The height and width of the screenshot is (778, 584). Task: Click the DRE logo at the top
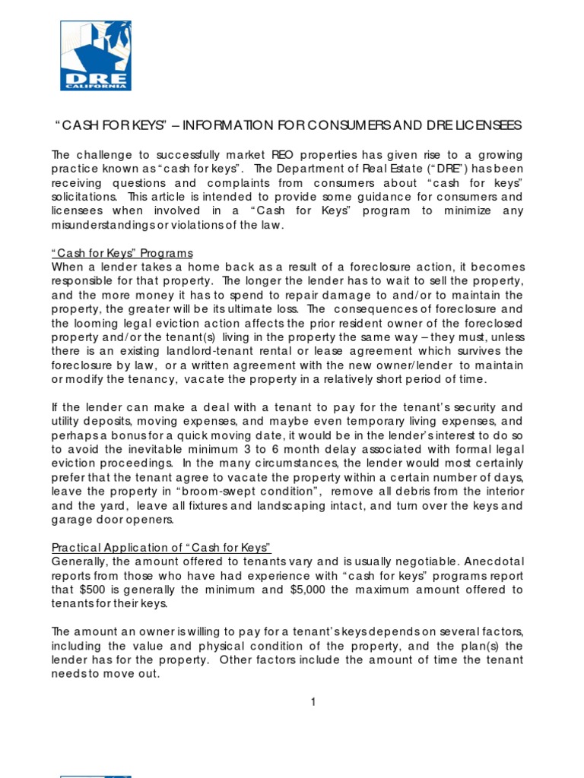(96, 55)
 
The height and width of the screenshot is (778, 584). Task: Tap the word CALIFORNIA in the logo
(96, 86)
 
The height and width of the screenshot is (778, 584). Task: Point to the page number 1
(312, 701)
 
